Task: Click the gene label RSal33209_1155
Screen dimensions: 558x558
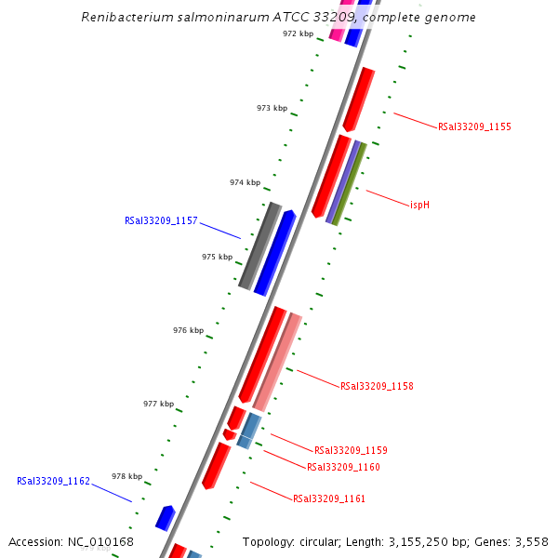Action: (x=474, y=126)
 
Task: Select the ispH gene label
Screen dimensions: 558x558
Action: (x=419, y=204)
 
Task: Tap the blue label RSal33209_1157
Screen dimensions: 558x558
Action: (x=161, y=221)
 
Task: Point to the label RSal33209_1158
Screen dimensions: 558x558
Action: (x=377, y=386)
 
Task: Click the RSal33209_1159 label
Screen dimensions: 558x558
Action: (x=351, y=450)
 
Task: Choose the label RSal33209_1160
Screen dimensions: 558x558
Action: (x=343, y=467)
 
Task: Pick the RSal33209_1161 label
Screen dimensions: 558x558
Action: (x=329, y=499)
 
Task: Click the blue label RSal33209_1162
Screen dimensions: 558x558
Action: (x=53, y=482)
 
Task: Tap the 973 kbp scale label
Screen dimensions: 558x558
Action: (x=272, y=109)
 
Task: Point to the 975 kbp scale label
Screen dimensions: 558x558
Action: (x=217, y=257)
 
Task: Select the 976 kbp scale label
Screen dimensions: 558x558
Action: (x=188, y=330)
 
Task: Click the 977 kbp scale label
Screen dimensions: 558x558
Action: (x=158, y=404)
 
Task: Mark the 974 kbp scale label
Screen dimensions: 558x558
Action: (x=245, y=183)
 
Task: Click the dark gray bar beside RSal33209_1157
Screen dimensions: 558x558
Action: (x=259, y=246)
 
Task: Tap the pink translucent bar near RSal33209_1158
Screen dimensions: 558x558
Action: (x=277, y=363)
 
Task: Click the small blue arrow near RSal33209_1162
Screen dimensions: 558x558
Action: (x=166, y=517)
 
